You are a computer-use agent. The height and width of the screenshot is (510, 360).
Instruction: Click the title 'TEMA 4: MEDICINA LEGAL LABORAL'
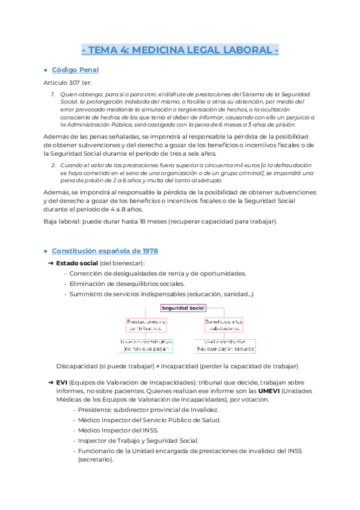(x=180, y=49)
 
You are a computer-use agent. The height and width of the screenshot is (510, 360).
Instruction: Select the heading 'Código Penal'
(x=75, y=70)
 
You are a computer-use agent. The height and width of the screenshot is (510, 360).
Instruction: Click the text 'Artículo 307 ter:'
(x=67, y=82)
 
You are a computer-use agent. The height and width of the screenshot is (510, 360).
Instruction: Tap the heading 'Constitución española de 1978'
(x=105, y=250)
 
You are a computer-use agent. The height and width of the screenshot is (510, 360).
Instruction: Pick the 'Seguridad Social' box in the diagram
(x=183, y=308)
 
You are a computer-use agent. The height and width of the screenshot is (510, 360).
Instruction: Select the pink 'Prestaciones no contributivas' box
(x=146, y=325)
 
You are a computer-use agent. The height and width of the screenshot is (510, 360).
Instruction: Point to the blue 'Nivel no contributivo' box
(x=146, y=345)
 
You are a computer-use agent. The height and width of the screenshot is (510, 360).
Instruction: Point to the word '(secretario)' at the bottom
(x=96, y=459)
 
